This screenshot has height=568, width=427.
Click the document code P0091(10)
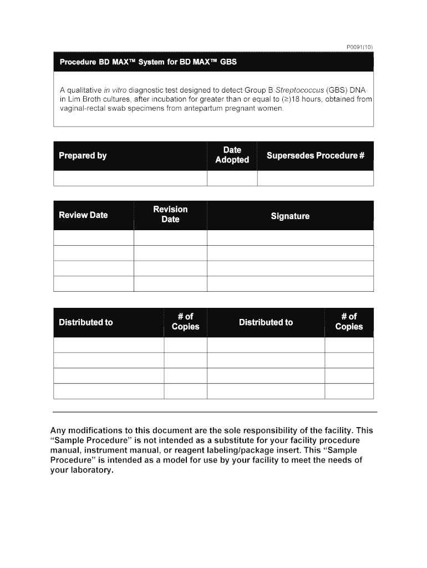click(x=359, y=48)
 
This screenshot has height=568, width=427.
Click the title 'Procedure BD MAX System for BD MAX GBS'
click(x=148, y=62)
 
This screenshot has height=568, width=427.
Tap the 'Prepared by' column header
click(x=83, y=155)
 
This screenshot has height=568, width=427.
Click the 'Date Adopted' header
click(x=232, y=155)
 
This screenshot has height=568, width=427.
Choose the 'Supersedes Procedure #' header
click(x=315, y=155)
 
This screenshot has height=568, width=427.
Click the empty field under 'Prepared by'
click(x=130, y=178)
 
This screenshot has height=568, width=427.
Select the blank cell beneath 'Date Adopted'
click(x=232, y=178)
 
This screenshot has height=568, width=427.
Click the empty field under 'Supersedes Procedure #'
click(x=315, y=178)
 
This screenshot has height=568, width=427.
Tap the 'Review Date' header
click(x=83, y=215)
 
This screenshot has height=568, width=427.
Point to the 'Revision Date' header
click(x=170, y=214)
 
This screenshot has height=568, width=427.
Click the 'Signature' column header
click(x=290, y=216)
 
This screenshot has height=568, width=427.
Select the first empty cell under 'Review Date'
click(x=94, y=238)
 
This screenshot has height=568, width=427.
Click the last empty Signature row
click(x=290, y=283)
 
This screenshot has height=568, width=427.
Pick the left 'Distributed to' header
click(x=86, y=322)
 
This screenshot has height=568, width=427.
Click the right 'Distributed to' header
click(x=266, y=322)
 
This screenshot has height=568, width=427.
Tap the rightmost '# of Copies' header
click(x=349, y=322)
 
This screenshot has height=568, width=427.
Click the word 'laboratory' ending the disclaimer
click(x=90, y=470)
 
